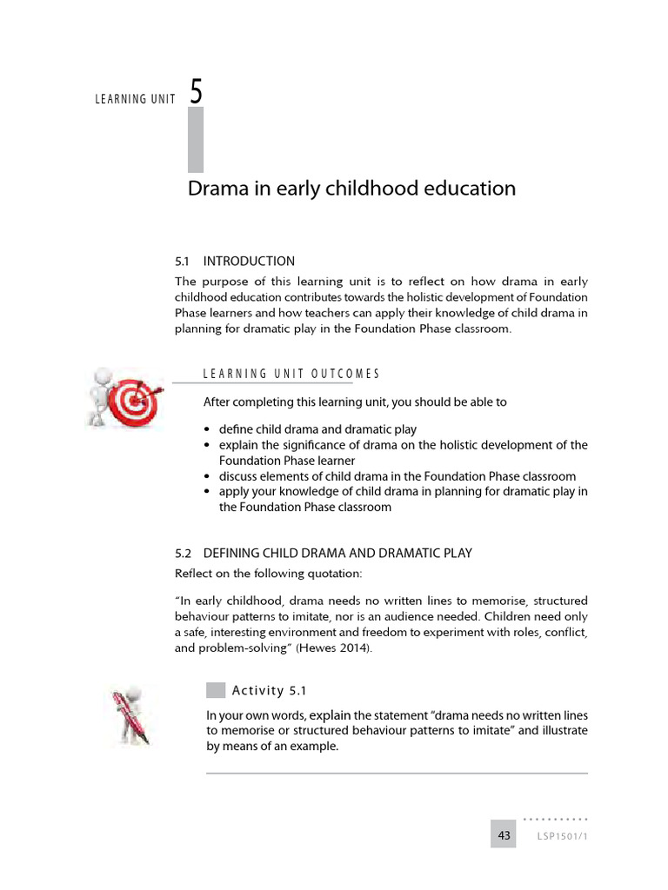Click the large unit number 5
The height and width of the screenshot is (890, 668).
click(197, 92)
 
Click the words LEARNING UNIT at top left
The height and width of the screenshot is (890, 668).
click(135, 99)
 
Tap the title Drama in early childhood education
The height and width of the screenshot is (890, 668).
click(351, 189)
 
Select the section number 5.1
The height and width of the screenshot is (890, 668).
click(183, 261)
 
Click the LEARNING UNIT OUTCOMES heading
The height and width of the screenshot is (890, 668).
click(291, 374)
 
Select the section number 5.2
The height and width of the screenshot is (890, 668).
click(183, 553)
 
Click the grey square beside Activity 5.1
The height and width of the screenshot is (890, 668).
click(216, 690)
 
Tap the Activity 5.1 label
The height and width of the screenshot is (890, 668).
click(270, 691)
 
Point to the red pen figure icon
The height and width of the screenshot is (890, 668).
click(130, 715)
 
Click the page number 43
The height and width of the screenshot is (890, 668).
click(504, 835)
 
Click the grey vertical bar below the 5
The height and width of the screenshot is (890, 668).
click(196, 139)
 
